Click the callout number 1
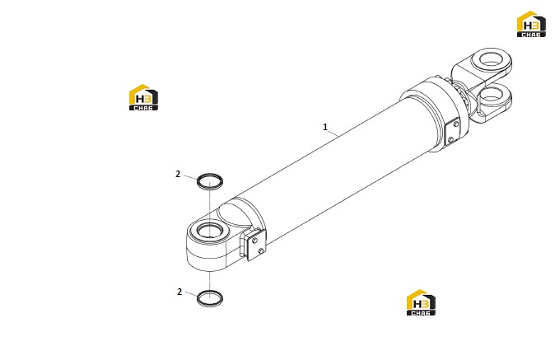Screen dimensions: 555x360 tap(325, 127)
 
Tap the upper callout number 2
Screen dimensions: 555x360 tap(178, 174)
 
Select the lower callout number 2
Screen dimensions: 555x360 tap(180, 292)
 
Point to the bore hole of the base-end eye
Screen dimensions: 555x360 tap(209, 231)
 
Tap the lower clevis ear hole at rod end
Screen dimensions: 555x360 tap(492, 95)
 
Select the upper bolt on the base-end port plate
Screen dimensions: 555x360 tap(254, 241)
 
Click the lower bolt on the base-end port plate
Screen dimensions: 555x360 tap(260, 251)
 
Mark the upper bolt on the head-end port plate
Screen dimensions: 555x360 tap(456, 124)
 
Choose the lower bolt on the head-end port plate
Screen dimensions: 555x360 tap(450, 140)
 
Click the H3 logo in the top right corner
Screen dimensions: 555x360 tap(531, 24)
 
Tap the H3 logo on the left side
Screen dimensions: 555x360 tap(143, 97)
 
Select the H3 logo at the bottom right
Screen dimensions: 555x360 tap(421, 302)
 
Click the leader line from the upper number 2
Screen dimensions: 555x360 tap(190, 177)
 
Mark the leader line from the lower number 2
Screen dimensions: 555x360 tap(192, 295)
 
